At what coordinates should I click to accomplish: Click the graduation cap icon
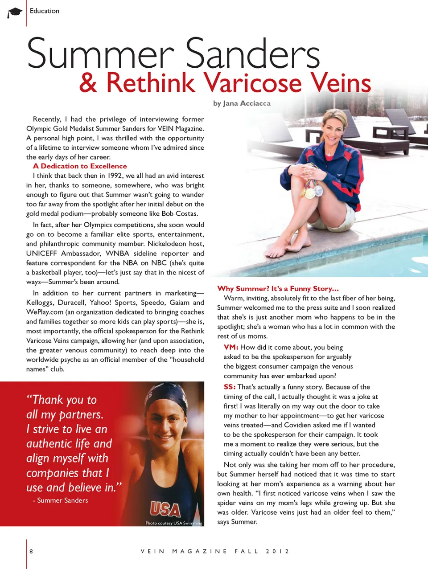[x=15, y=12]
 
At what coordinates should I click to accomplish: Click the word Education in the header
[x=45, y=11]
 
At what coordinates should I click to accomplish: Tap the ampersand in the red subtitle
[x=88, y=83]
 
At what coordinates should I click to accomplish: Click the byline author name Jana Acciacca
[x=247, y=103]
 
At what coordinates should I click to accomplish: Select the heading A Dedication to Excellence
[x=80, y=166]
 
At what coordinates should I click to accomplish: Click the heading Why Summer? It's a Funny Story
[x=278, y=288]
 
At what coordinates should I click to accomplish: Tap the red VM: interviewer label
[x=231, y=347]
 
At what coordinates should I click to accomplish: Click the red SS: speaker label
[x=230, y=387]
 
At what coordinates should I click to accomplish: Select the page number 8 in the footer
[x=31, y=551]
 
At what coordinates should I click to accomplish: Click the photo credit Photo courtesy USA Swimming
[x=173, y=523]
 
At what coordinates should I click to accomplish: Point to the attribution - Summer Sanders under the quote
[x=60, y=500]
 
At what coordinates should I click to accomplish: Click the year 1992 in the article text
[x=115, y=176]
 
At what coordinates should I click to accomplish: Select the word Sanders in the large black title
[x=252, y=54]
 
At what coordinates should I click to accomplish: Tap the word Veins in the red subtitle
[x=341, y=83]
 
